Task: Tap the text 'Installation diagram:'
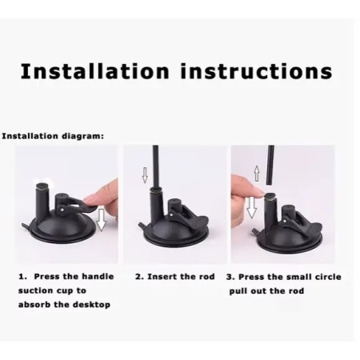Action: click(52, 136)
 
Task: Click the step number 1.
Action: click(22, 277)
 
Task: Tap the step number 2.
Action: click(138, 277)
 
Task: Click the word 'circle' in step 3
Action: click(324, 277)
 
